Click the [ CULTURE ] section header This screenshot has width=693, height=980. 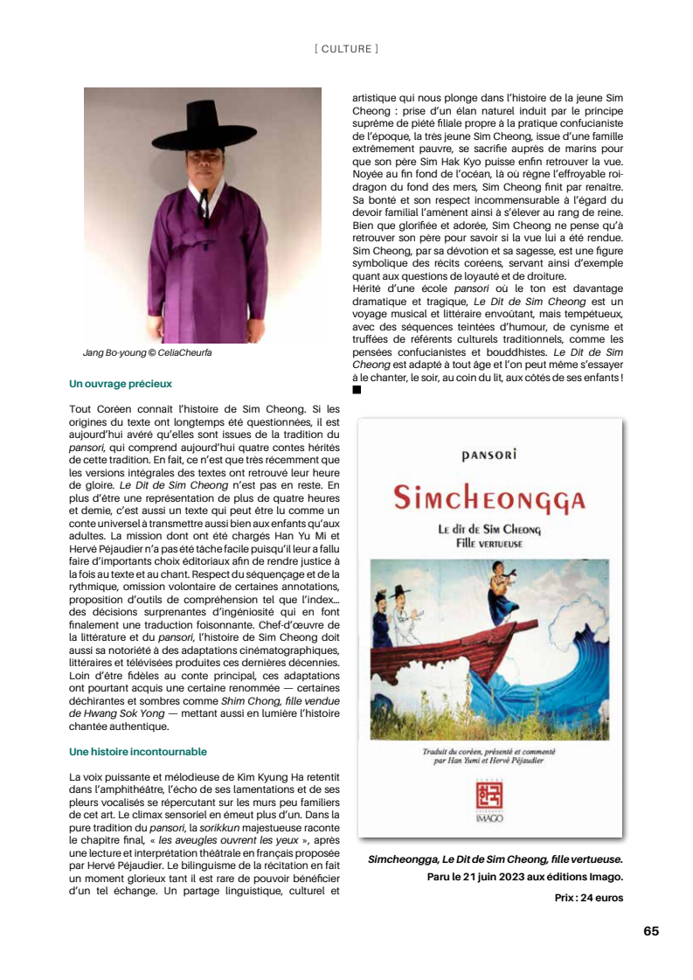point(346,49)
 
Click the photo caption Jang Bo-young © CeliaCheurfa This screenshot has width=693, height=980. point(147,353)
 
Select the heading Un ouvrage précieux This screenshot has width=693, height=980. point(121,383)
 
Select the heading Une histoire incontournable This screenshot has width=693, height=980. point(138,751)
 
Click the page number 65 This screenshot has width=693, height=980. point(651,931)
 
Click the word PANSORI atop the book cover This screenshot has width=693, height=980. point(489,455)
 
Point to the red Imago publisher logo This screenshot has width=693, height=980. point(489,796)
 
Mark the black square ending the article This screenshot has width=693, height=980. point(357,390)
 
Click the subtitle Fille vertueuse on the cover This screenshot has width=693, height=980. point(489,543)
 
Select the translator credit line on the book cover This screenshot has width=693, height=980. point(489,756)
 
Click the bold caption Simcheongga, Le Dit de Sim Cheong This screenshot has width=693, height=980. point(495,860)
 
